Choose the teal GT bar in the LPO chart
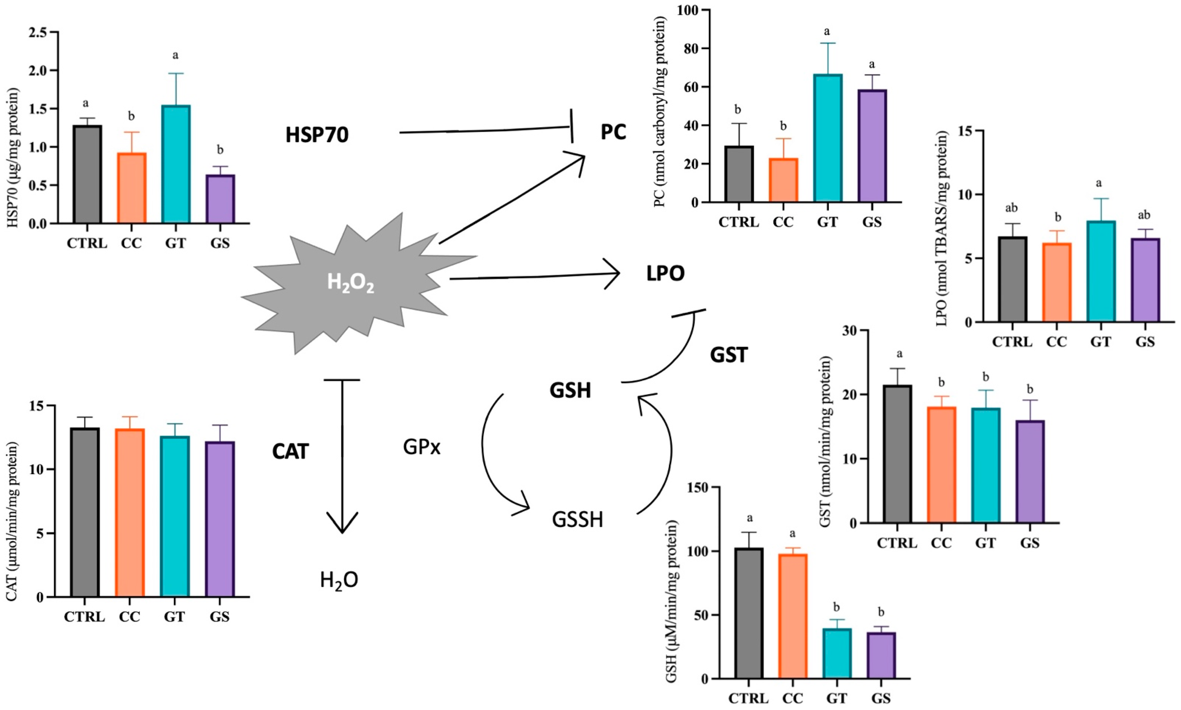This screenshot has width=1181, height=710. pyautogui.click(x=1101, y=278)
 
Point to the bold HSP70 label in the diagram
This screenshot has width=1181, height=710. pyautogui.click(x=317, y=135)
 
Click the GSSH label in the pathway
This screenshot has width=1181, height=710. pyautogui.click(x=577, y=520)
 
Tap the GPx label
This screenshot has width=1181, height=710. pyautogui.click(x=421, y=447)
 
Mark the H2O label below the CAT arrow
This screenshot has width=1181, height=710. pyautogui.click(x=339, y=581)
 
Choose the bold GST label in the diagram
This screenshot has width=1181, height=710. pyautogui.click(x=729, y=355)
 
